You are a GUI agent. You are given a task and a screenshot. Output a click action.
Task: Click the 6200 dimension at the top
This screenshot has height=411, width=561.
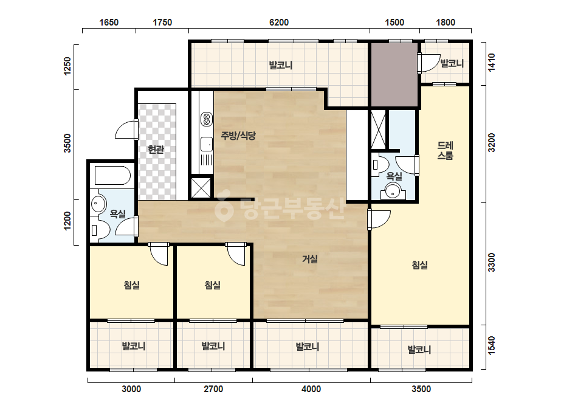tap(279, 22)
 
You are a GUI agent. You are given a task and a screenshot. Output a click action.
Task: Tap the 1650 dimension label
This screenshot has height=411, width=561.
tap(109, 22)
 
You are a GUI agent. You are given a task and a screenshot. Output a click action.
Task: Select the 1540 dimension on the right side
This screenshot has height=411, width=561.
tap(492, 345)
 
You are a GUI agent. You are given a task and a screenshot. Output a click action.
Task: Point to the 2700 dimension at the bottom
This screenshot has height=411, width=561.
tap(213, 389)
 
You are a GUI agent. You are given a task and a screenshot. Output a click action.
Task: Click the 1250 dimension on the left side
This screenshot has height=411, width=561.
tap(67, 66)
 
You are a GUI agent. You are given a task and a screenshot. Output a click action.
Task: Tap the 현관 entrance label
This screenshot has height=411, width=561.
tap(156, 150)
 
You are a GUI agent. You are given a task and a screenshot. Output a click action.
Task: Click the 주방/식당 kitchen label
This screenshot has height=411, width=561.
tap(238, 136)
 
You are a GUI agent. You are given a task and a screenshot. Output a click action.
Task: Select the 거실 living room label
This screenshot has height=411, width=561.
tap(310, 259)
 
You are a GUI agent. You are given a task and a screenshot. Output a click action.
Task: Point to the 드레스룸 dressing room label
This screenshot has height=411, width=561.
tap(446, 150)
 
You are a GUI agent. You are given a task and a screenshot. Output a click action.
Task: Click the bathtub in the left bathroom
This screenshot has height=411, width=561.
tap(112, 175)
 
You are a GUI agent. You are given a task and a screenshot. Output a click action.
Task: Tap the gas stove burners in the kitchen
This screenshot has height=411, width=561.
tap(207, 119)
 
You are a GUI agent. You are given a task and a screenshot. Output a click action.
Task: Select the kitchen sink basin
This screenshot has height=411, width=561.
tap(207, 144)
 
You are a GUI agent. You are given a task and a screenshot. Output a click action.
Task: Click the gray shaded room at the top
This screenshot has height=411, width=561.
tap(394, 74)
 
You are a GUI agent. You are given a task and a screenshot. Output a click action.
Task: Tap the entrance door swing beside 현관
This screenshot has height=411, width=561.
tap(126, 130)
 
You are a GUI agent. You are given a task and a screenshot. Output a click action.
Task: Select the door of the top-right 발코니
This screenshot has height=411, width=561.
tap(428, 63)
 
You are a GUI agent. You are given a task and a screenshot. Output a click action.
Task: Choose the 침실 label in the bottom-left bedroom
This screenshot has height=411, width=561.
tap(132, 285)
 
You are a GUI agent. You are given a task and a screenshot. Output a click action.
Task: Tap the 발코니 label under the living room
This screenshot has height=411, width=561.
tap(308, 346)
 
